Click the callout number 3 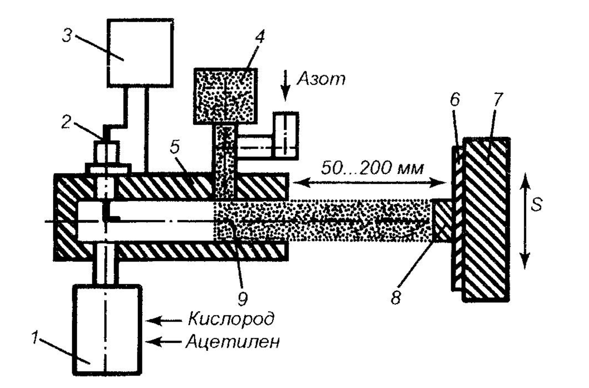(x=67, y=36)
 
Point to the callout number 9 (x=242, y=298)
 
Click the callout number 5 (x=175, y=147)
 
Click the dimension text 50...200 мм (x=372, y=168)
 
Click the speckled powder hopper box (x=225, y=96)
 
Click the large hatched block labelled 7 (x=486, y=220)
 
